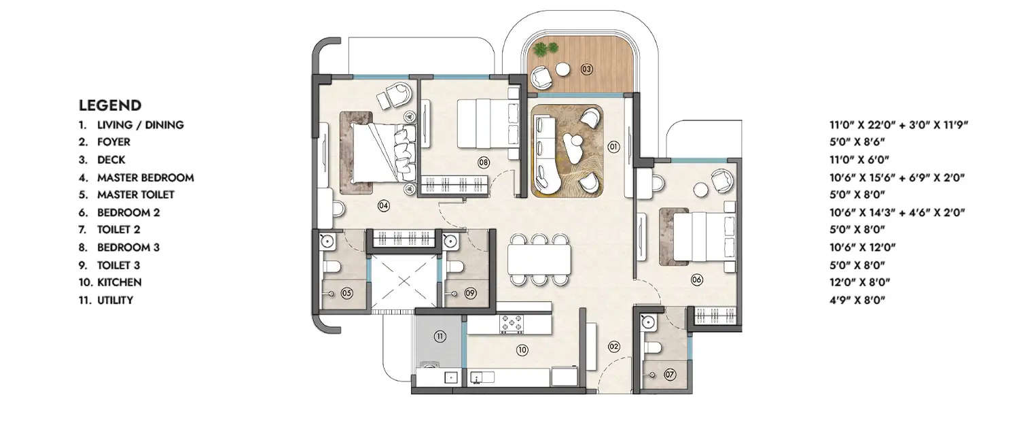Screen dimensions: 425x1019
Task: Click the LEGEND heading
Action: coord(110,105)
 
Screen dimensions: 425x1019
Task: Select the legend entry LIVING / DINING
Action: coord(140,125)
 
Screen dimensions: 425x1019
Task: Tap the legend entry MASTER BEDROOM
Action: coord(145,177)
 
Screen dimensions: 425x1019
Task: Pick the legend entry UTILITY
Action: coord(115,300)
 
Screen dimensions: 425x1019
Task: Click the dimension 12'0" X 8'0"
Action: coord(859,282)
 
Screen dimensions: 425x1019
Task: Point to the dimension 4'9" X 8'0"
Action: coord(858,300)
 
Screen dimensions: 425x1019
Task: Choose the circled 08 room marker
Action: coord(484,163)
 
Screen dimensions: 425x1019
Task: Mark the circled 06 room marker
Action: coord(696,279)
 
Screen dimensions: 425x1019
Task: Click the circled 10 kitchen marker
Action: coord(522,351)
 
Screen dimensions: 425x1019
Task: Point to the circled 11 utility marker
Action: coord(440,336)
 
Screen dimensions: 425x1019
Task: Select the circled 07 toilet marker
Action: coord(670,375)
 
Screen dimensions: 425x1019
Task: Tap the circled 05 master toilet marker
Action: coord(346,293)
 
